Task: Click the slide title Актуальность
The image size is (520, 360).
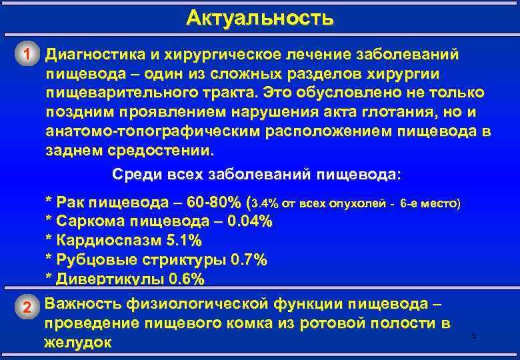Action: (259, 17)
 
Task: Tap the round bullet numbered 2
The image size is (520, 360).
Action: (26, 307)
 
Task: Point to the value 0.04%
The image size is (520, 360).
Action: (249, 221)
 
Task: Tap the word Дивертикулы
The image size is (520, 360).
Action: (107, 279)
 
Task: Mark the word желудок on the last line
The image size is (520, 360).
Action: (77, 342)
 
